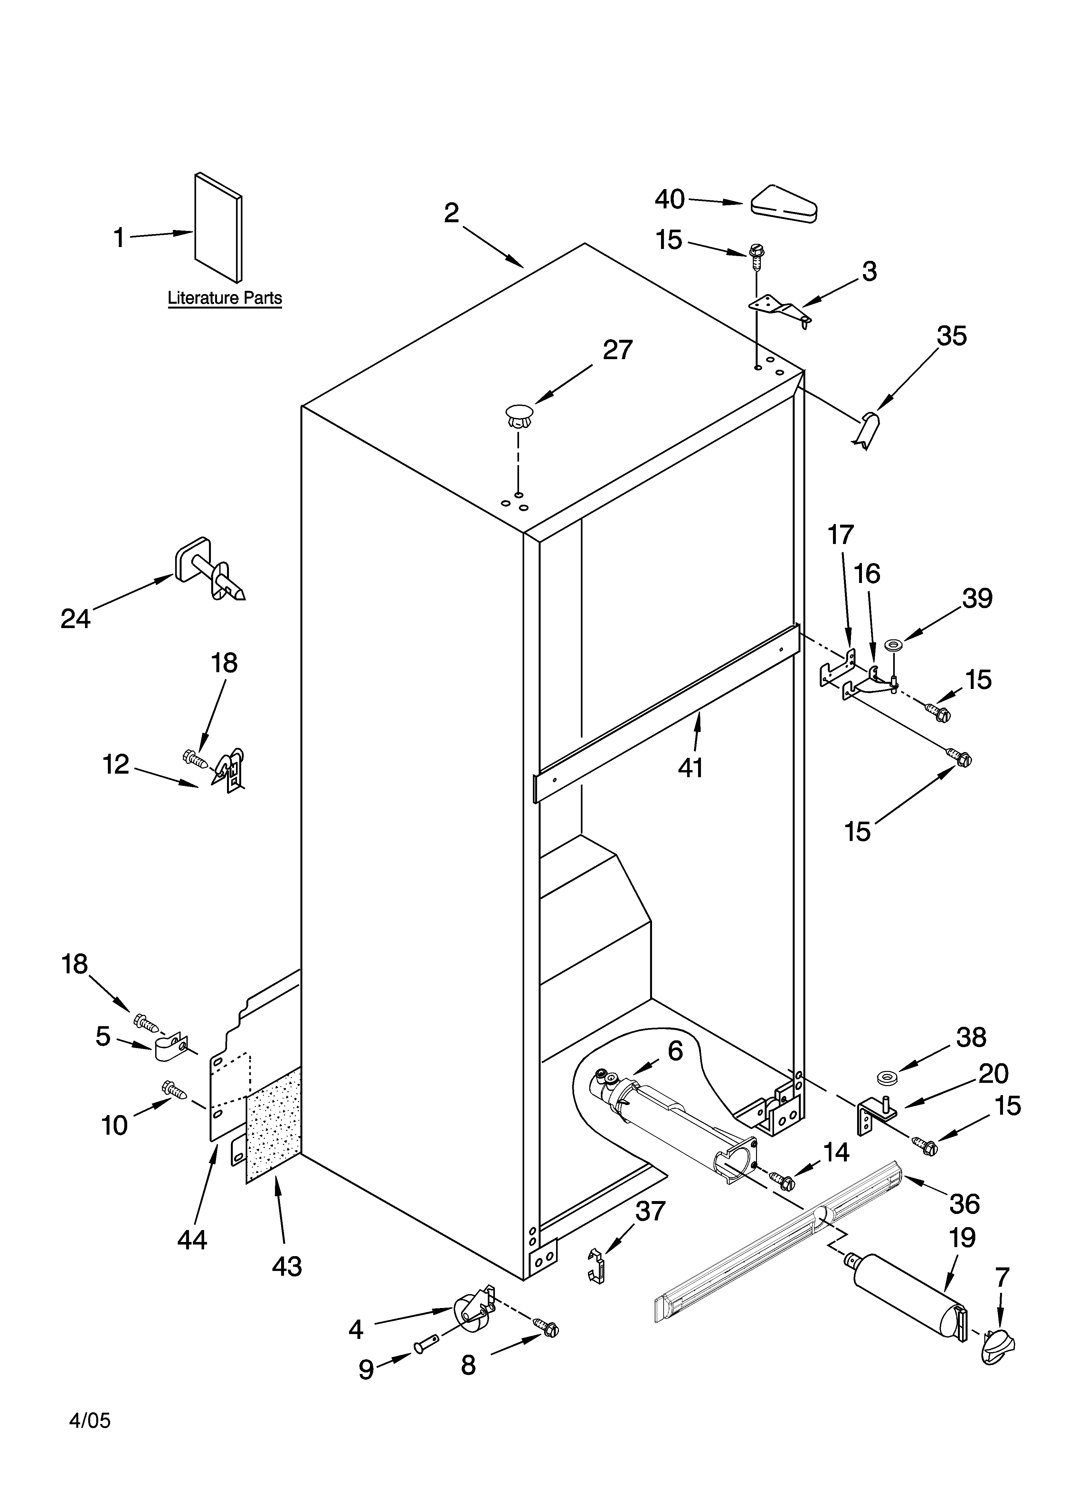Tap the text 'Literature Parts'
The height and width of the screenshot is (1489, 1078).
coord(224,298)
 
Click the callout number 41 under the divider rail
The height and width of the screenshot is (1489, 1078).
coord(690,767)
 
